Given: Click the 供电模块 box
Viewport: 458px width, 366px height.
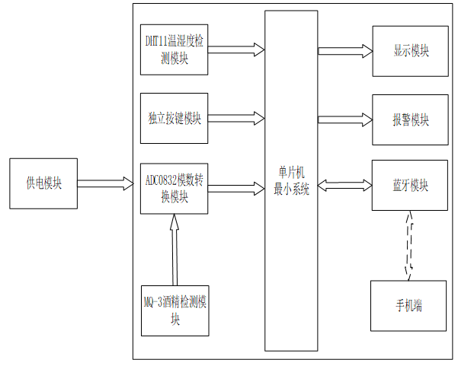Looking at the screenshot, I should point(43,183).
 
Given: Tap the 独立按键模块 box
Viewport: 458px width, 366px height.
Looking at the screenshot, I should point(175,118).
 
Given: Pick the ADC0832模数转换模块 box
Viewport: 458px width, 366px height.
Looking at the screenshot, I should point(175,186).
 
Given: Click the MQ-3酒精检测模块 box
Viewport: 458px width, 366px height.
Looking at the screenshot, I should point(175,310).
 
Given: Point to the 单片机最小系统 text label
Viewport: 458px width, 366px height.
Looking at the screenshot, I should point(291,183).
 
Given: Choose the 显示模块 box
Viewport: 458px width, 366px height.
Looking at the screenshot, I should point(410,51).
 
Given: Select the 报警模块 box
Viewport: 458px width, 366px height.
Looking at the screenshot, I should point(410,119).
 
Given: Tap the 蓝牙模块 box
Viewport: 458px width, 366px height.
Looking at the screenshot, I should point(410,185).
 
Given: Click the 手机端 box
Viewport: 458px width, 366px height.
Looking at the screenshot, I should point(408,306).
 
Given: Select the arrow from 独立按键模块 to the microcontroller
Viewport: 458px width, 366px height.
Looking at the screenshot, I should point(235,118).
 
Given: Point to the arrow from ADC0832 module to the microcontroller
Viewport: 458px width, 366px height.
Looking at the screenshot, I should point(235,185).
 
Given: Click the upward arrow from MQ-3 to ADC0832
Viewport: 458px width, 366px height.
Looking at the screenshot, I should point(175,250).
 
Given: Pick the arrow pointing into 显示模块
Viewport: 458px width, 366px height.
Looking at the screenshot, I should point(344,51).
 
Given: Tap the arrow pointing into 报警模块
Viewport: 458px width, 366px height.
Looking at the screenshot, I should point(344,119).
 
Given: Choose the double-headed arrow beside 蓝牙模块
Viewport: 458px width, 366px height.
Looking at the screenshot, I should point(344,185).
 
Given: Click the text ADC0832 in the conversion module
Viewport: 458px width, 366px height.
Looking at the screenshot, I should point(163,181).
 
